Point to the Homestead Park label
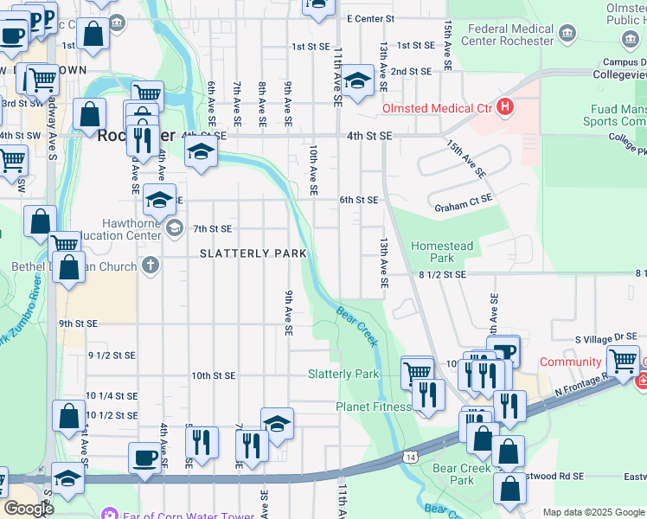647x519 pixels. click(x=442, y=252)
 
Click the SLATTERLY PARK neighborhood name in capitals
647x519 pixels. click(x=253, y=253)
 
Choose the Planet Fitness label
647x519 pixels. click(x=374, y=407)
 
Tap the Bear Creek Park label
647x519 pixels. click(x=454, y=473)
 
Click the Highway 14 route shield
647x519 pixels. click(x=409, y=456)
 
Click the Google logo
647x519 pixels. click(x=28, y=508)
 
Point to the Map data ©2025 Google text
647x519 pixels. click(x=593, y=512)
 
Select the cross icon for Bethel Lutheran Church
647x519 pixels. click(x=151, y=265)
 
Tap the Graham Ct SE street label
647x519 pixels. click(x=464, y=208)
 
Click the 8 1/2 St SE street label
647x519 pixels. click(x=441, y=273)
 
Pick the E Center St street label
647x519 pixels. click(x=370, y=18)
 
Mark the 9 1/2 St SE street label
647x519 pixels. click(x=112, y=355)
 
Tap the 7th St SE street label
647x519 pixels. click(x=213, y=228)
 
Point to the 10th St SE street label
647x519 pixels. click(x=213, y=375)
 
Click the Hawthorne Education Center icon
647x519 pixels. click(x=175, y=228)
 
